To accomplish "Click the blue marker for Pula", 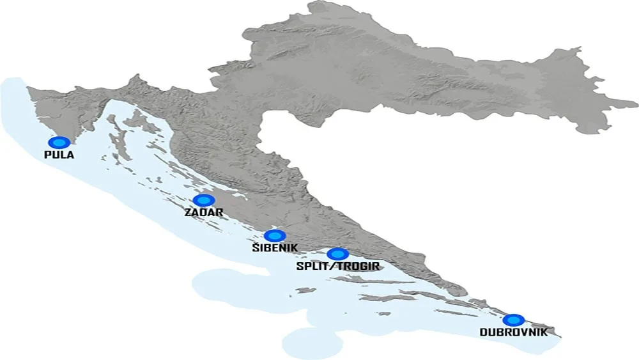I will point(59,143).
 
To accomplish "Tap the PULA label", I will point(59,155).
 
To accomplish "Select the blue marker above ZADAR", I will point(204,200).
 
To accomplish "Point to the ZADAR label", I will point(203,212).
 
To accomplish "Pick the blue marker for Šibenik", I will point(275,236).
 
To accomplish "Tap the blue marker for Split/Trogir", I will point(337,254).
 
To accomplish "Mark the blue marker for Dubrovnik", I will point(513,320).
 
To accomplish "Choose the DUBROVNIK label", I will point(513,333).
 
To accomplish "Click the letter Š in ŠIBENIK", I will point(255,247).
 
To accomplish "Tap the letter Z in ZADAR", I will point(188,212).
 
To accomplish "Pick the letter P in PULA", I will point(48,155).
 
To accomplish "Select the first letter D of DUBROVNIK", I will point(483,333).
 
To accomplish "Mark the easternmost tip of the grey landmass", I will point(637,102).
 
